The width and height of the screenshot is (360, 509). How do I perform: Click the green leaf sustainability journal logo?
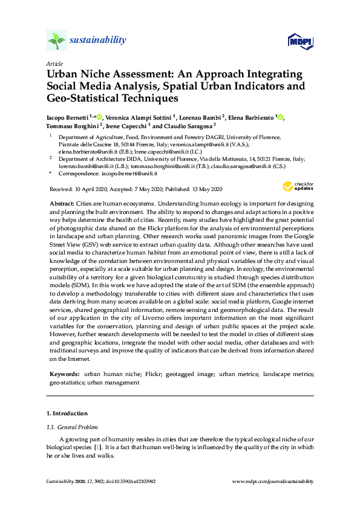pos(56,41)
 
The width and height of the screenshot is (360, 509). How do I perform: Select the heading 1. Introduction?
pos(67,413)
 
